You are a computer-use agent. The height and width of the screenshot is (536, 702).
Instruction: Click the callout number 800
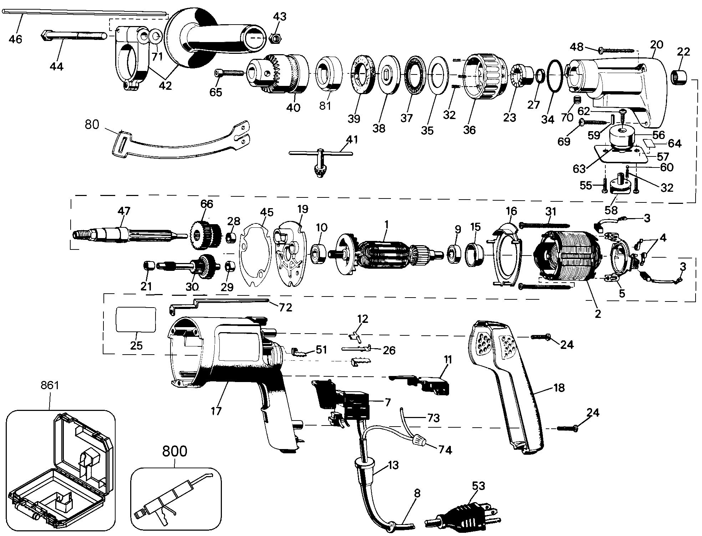(x=175, y=451)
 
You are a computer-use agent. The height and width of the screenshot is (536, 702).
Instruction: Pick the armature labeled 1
(x=387, y=255)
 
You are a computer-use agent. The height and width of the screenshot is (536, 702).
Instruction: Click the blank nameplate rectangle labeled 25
(x=136, y=320)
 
